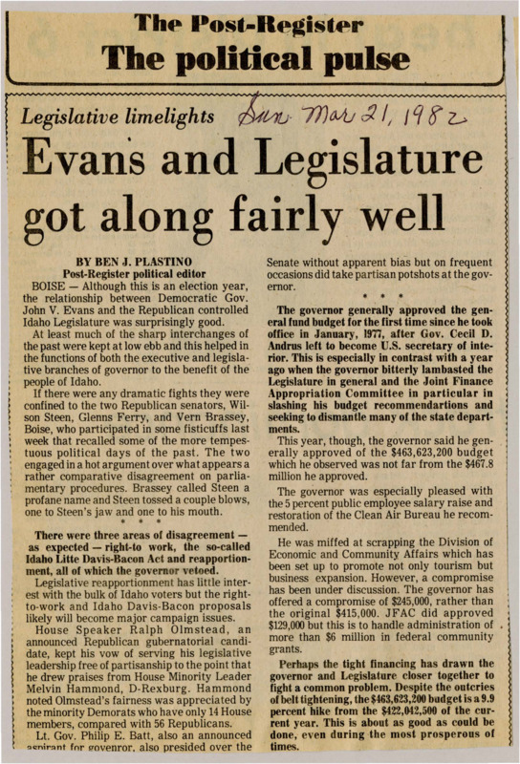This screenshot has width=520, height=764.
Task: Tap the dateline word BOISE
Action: pos(47,285)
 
